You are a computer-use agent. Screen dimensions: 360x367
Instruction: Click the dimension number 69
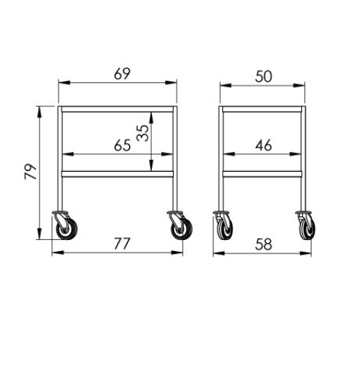click(x=122, y=73)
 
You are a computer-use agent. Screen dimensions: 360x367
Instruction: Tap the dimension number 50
click(x=263, y=76)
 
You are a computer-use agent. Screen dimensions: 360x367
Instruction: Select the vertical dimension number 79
click(x=31, y=172)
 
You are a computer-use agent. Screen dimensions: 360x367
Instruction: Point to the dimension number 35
click(x=143, y=133)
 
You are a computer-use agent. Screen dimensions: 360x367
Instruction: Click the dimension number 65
click(x=122, y=145)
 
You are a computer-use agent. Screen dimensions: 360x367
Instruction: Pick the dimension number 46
click(x=263, y=145)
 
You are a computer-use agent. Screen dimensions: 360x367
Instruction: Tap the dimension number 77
click(x=122, y=244)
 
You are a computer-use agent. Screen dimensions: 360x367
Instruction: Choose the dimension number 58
click(x=263, y=244)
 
